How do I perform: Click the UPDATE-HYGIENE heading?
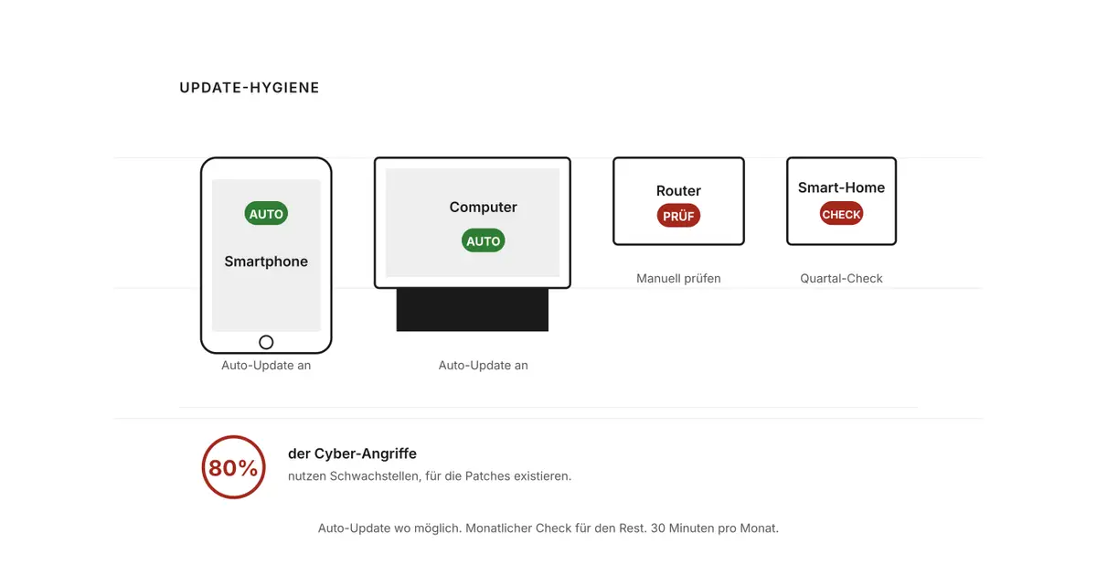[250, 88]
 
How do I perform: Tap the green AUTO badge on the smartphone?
[266, 213]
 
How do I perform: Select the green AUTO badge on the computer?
[483, 240]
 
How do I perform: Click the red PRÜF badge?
[678, 216]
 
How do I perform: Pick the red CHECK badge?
[841, 214]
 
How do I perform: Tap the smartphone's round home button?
[266, 342]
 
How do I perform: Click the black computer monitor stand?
[472, 310]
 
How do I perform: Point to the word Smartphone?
[266, 261]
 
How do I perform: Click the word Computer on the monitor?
[483, 207]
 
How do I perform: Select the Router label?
[678, 190]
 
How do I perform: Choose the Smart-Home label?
[841, 187]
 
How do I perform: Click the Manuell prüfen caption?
[678, 278]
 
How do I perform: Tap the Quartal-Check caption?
[841, 278]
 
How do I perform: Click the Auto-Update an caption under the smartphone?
[266, 365]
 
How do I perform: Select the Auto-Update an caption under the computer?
[483, 365]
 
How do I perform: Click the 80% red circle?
[233, 437]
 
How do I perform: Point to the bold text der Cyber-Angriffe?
[352, 453]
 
